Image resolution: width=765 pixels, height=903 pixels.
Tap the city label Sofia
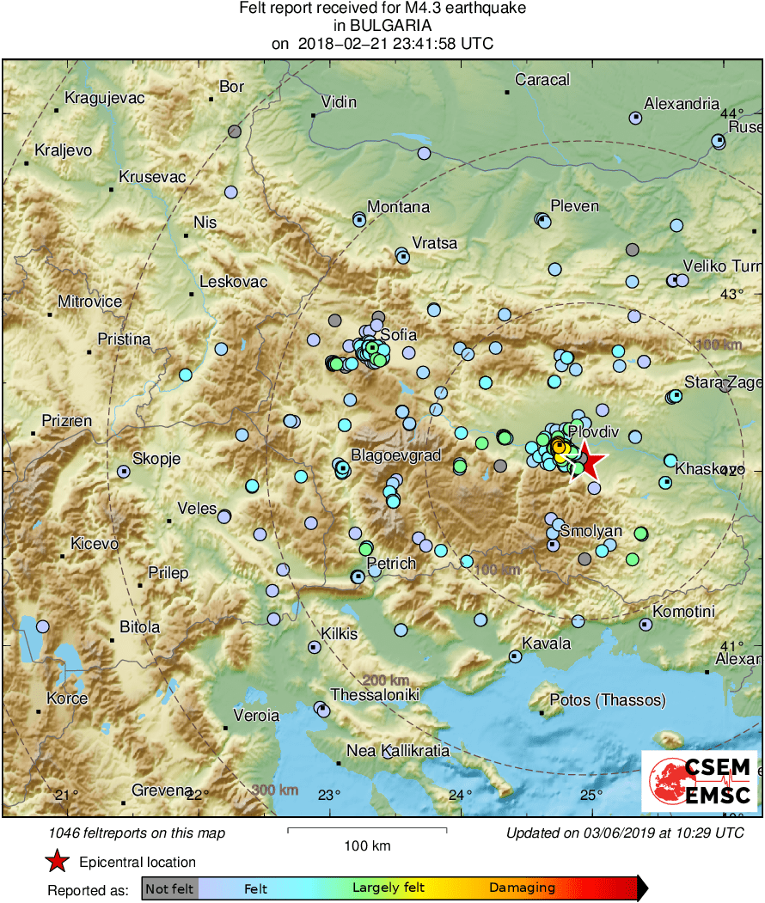[398, 334]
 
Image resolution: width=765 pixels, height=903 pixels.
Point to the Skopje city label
[156, 459]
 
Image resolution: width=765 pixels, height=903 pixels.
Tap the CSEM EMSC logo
[700, 781]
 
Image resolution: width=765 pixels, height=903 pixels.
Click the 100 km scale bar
[367, 829]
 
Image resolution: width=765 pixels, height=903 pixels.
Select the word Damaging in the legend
[522, 888]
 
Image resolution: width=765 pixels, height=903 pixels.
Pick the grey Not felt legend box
[169, 888]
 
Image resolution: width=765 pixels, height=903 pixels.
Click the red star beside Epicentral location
[57, 861]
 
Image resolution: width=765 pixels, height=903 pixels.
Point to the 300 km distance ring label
[276, 790]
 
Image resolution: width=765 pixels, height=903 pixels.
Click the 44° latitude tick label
[731, 114]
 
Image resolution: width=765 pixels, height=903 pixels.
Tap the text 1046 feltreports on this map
[138, 833]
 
